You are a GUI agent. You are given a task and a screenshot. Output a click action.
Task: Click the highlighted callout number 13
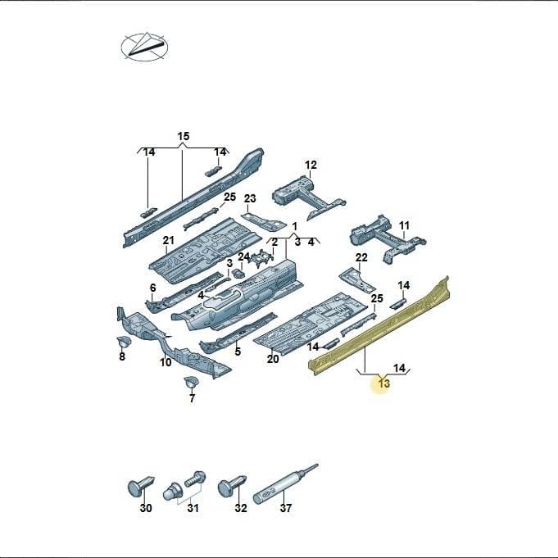[384, 383]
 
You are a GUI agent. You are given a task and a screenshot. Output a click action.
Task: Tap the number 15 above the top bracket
[184, 136]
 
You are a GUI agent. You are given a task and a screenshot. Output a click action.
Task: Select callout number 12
[311, 165]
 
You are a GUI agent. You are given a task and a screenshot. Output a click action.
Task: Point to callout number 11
[404, 225]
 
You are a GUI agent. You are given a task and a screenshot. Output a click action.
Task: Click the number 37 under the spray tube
[285, 508]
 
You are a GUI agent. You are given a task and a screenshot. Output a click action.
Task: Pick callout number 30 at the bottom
[146, 508]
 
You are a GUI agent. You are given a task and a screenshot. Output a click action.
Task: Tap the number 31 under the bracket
[193, 508]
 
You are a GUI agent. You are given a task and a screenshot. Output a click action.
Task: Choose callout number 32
[241, 508]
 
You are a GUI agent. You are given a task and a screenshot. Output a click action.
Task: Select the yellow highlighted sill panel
[379, 325]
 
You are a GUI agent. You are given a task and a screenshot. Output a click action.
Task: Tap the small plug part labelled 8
[124, 342]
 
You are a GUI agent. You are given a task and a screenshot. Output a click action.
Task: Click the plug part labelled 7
[191, 382]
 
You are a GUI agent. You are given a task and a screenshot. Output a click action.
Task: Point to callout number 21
[168, 241]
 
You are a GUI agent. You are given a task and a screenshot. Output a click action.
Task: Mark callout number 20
[273, 359]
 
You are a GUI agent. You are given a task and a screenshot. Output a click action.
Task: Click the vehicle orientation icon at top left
[144, 47]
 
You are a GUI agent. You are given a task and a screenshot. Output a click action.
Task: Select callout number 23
[250, 198]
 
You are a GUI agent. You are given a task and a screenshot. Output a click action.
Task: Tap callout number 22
[361, 257]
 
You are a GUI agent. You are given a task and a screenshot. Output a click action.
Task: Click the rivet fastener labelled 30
[141, 485]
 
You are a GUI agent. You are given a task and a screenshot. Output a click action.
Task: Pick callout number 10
[166, 362]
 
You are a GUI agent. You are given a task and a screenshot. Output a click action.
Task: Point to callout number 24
[244, 256]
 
